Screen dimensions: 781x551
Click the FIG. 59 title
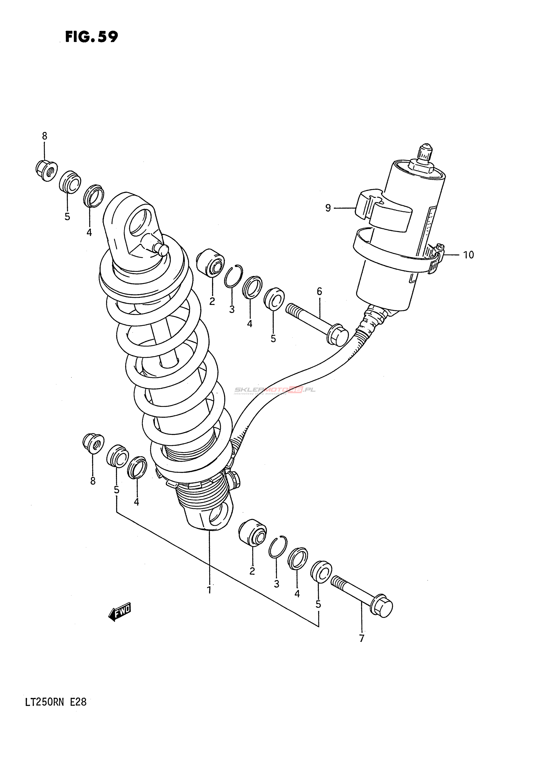[x=91, y=37]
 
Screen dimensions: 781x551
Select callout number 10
[x=468, y=254]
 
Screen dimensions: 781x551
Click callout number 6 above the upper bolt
[x=319, y=291]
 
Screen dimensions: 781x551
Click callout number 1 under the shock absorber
[x=209, y=590]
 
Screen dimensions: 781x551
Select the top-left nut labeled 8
[x=46, y=170]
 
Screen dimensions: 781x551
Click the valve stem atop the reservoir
[x=425, y=153]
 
